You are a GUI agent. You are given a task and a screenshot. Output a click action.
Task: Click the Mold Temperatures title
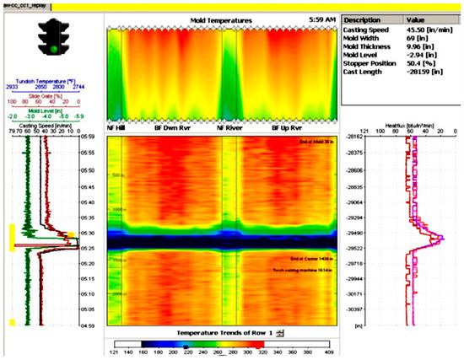click(x=217, y=17)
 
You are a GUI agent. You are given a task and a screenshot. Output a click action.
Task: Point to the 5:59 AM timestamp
click(x=321, y=18)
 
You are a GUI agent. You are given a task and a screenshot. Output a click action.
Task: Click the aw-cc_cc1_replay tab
click(x=25, y=4)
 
